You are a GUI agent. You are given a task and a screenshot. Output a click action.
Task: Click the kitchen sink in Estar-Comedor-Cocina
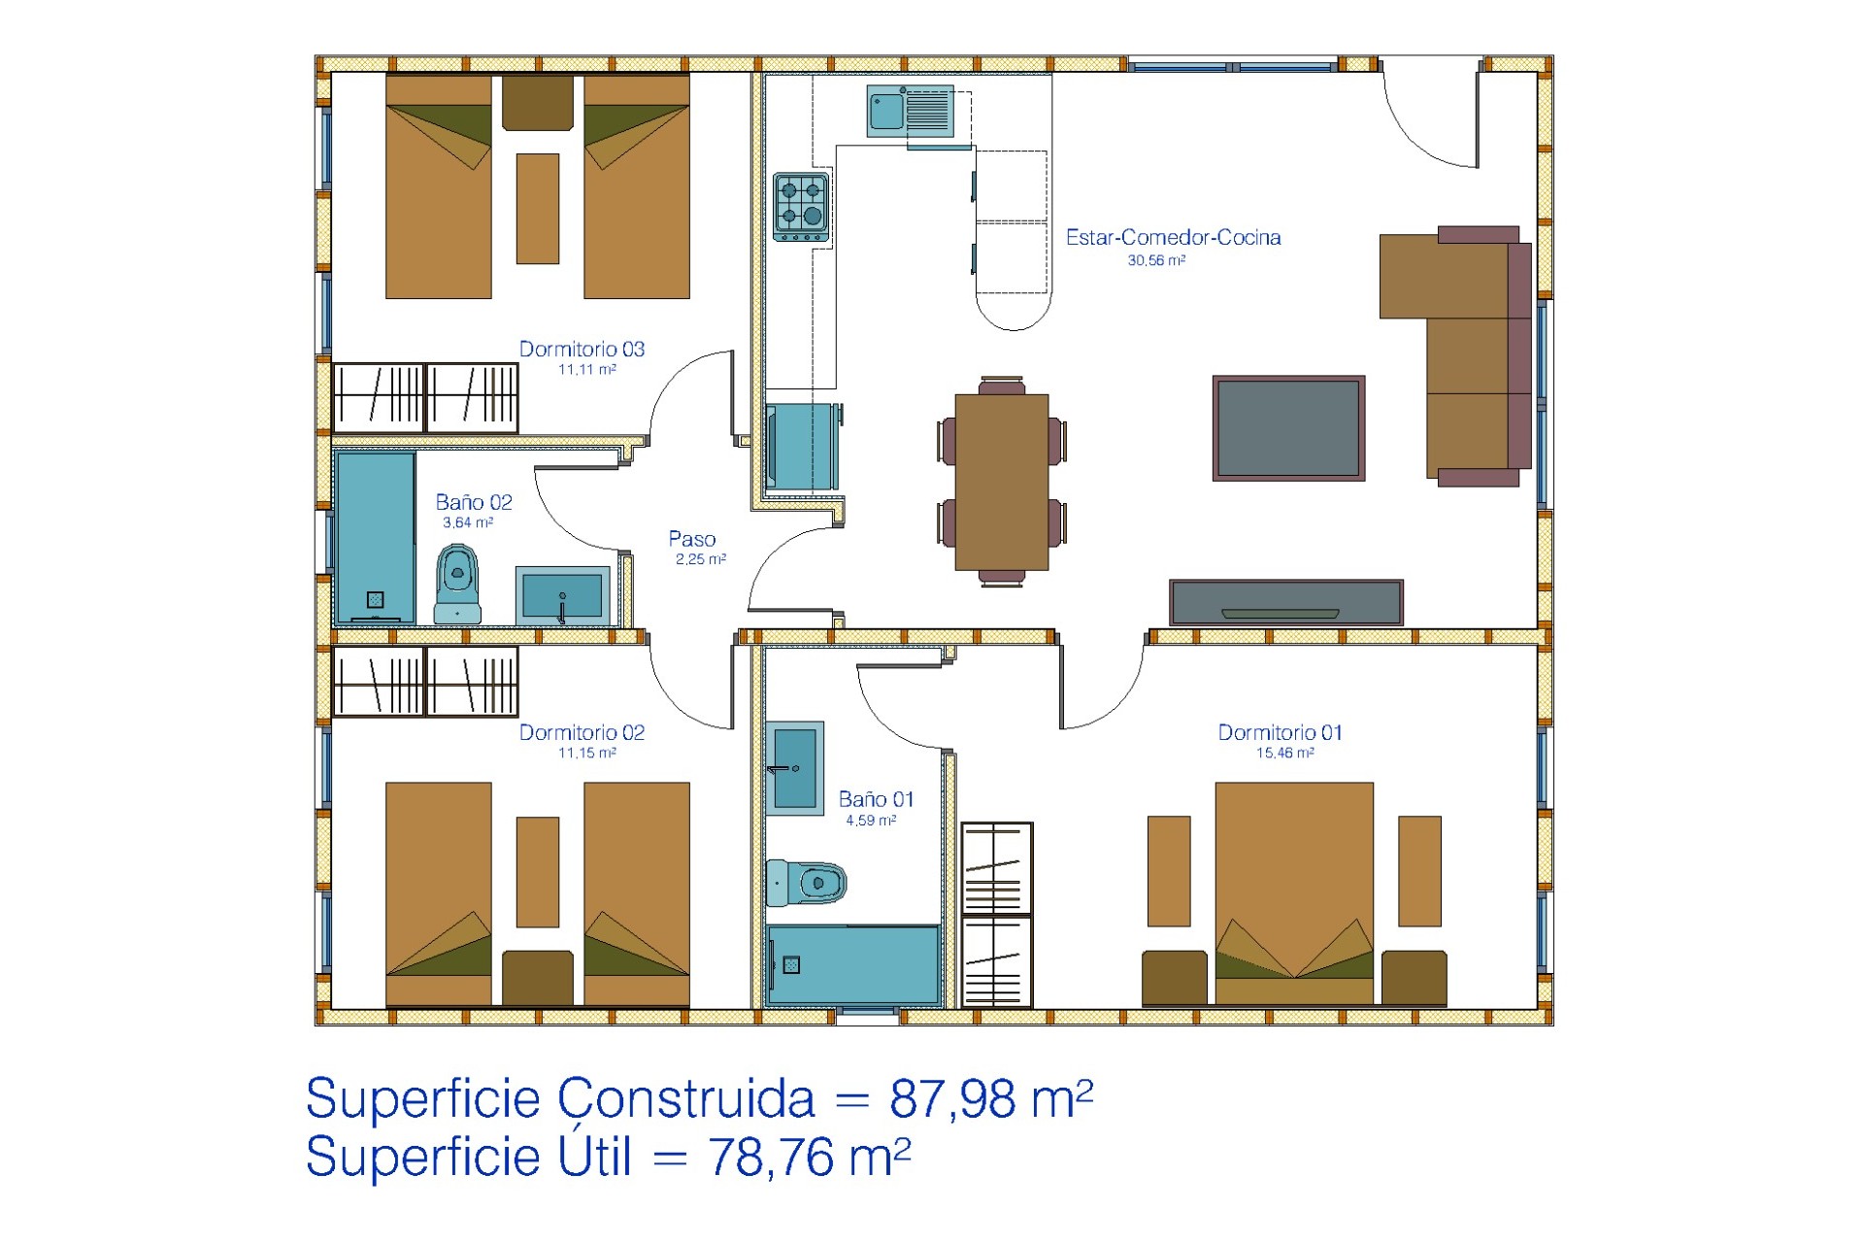pos(911,112)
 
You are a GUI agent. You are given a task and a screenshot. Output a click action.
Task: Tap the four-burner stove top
pos(801,207)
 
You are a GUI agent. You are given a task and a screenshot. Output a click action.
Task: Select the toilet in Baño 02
pos(457,584)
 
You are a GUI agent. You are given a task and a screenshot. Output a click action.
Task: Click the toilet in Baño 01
pos(806,882)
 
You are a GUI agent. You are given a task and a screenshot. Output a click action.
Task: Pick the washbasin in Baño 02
pos(563,595)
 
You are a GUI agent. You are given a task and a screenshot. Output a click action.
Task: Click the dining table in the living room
pos(1002,482)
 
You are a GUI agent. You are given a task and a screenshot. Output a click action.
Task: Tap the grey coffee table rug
pos(1288,428)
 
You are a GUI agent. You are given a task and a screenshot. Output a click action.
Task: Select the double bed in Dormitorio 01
pos(1294,893)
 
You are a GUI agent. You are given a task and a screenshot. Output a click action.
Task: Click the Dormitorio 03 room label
pos(582,349)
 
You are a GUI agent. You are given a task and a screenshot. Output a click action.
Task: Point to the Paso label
pos(692,539)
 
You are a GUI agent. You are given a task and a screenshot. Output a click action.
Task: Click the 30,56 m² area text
pos(1156,260)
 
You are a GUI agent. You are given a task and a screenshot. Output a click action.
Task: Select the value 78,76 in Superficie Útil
pos(771,1157)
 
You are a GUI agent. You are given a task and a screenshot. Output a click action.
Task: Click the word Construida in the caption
pos(686,1098)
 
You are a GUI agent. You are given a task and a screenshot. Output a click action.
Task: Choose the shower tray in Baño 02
pos(376,537)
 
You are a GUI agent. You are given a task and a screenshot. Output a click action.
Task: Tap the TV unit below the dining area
pos(1286,602)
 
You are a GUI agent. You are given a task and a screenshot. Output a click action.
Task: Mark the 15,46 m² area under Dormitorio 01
pos(1285,753)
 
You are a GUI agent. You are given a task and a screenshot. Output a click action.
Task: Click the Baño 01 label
pos(876,799)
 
